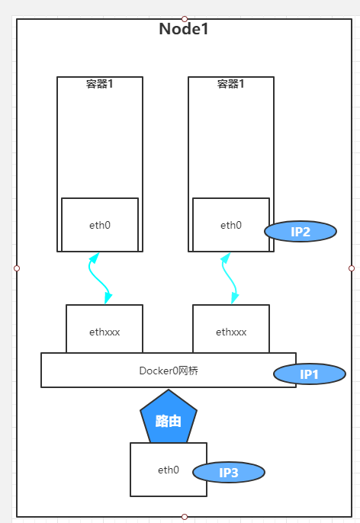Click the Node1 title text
point(183,30)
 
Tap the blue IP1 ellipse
point(308,374)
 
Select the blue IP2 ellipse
point(301,232)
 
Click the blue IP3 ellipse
point(229,473)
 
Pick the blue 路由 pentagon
point(169,419)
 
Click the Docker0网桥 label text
point(169,371)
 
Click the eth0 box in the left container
point(100,225)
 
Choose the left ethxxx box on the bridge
point(104,331)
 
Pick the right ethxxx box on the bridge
point(231,331)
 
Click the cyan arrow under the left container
point(100,278)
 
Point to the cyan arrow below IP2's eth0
point(230,278)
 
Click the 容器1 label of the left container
point(100,84)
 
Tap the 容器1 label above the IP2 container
point(231,84)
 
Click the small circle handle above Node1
point(185,18)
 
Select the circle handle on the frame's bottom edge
point(185,517)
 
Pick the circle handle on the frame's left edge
point(17,268)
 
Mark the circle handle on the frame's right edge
point(352,268)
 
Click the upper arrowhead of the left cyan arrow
point(94,258)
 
